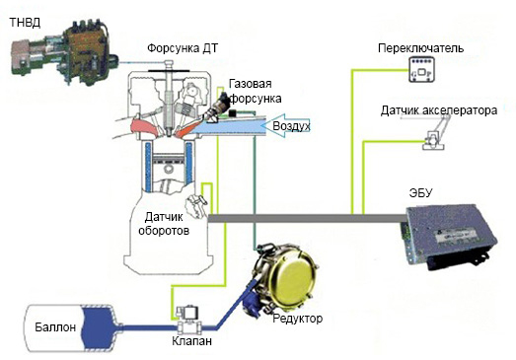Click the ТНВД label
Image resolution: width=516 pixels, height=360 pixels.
click(26, 23)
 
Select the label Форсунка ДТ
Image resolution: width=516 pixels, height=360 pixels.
click(183, 48)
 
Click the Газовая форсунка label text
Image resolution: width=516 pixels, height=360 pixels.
click(255, 91)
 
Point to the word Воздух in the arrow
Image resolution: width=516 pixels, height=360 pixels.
click(292, 126)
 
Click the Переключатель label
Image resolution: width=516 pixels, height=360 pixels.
click(421, 48)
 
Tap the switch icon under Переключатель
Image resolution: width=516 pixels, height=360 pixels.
click(421, 69)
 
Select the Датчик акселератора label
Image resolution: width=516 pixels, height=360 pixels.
click(439, 110)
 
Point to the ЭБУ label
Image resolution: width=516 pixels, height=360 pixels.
click(420, 193)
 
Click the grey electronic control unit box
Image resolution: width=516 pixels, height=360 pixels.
click(448, 236)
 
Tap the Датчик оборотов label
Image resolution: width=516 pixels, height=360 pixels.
click(164, 224)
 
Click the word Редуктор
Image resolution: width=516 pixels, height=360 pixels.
click(298, 319)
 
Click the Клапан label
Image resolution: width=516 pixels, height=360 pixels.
click(191, 341)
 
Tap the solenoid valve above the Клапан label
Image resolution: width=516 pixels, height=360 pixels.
click(188, 320)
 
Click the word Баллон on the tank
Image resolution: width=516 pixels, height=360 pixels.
click(55, 327)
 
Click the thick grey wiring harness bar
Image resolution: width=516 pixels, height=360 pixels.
click(308, 218)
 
